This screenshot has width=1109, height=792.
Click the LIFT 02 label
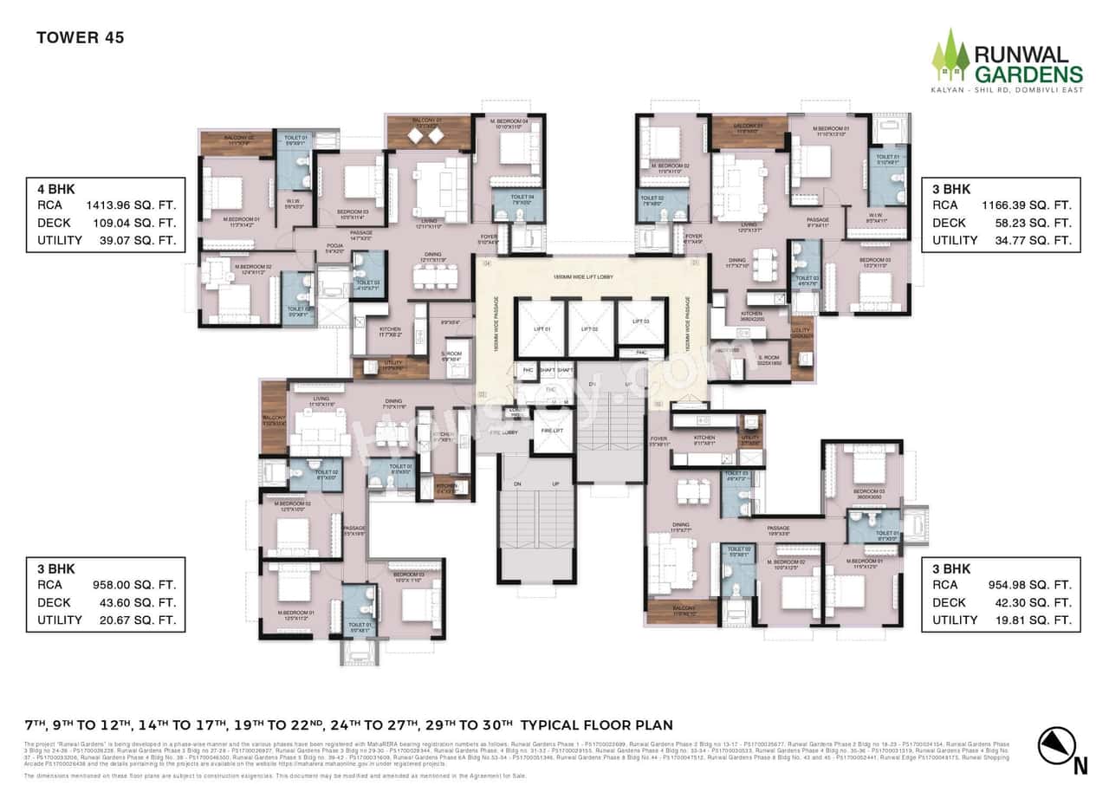point(590,329)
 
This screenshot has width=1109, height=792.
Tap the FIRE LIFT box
point(552,431)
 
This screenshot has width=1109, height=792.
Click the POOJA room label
point(336,246)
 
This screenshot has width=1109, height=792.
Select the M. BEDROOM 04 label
point(506,120)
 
